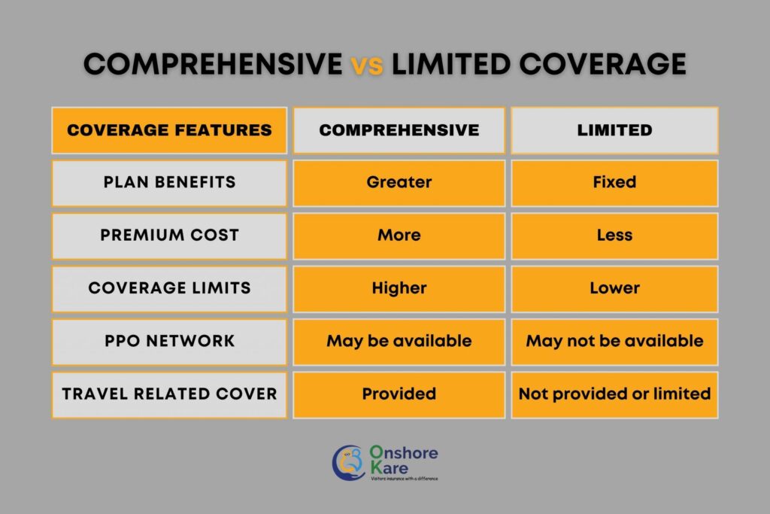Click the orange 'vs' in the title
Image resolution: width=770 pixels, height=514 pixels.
(x=366, y=65)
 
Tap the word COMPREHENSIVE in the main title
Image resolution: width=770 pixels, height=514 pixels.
(x=213, y=64)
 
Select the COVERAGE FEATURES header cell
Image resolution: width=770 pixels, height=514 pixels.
(x=169, y=130)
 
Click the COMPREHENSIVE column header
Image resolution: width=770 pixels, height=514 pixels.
(x=399, y=130)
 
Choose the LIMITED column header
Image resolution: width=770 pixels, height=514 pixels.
(x=614, y=130)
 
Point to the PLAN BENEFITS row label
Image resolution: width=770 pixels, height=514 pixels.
(x=169, y=183)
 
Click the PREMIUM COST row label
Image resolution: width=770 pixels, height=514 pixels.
(x=169, y=236)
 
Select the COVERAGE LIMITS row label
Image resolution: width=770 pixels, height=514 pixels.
(x=169, y=289)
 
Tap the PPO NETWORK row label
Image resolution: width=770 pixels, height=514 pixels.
(x=169, y=342)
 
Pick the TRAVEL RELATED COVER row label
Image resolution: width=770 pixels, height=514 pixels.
(x=169, y=395)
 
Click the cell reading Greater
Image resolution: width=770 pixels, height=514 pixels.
(x=399, y=183)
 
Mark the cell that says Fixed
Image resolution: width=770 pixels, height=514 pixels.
(x=614, y=183)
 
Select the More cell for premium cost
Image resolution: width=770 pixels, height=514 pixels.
(x=399, y=236)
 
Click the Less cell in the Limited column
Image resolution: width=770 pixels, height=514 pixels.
(x=614, y=236)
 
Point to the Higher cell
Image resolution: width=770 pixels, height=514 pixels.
(x=399, y=289)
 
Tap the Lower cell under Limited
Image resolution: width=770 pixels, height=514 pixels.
(x=614, y=289)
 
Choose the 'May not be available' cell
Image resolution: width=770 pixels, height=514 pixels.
(x=614, y=342)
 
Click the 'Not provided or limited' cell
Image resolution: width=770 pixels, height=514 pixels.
(x=614, y=395)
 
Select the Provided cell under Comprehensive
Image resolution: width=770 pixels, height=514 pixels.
(x=399, y=395)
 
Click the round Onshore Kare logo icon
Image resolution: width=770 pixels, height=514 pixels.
(x=349, y=463)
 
